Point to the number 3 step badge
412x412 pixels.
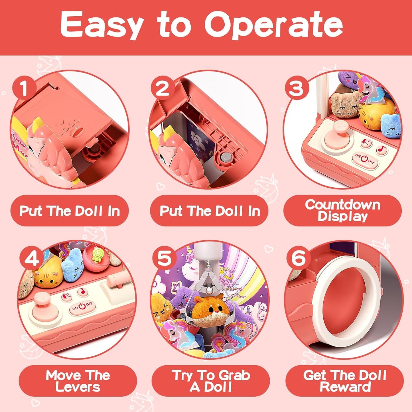click(x=296, y=88)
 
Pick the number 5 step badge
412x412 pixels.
click(x=164, y=258)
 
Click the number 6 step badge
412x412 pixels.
click(x=298, y=258)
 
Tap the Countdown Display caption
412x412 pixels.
click(x=342, y=210)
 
